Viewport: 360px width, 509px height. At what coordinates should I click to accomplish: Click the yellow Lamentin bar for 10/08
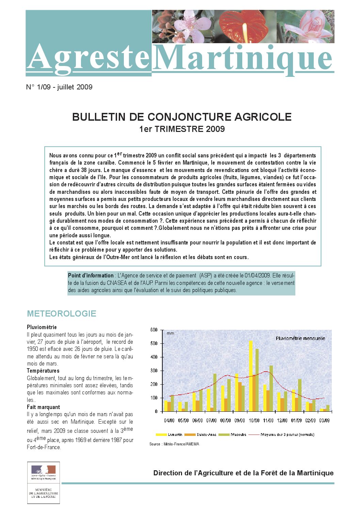pos(251,376)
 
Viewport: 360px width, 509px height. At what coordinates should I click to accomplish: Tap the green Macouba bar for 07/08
pos(215,392)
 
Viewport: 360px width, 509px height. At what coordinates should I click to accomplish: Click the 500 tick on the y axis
pos(154,343)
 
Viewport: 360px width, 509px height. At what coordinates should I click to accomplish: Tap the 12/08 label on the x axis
pos(282,421)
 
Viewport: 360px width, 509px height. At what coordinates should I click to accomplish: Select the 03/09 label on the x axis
pos(324,421)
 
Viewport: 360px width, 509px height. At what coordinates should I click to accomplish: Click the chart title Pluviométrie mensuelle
pos(300,338)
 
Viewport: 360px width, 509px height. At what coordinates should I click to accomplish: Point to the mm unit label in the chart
pos(170,334)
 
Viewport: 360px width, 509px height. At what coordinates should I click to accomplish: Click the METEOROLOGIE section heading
pos(62,313)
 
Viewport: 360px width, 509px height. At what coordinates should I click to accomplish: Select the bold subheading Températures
pos(43,371)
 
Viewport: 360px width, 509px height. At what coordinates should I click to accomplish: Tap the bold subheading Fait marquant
pos(43,407)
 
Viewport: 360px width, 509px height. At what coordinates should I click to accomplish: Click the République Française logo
pos(43,472)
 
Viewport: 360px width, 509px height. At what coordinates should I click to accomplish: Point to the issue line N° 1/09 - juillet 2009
pos(59,87)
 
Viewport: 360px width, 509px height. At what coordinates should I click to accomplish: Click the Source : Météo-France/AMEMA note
pos(174,444)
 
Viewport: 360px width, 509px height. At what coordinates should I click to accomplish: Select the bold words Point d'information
pos(91,275)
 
